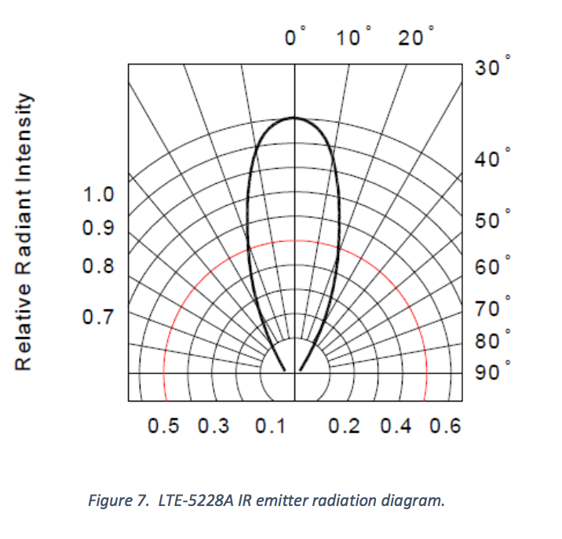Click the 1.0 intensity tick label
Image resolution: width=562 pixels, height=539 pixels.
[99, 194]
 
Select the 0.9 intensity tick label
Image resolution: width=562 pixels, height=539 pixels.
[99, 229]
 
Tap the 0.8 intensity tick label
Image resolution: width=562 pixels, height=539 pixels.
[99, 266]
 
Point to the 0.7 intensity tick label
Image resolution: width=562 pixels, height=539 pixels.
[99, 317]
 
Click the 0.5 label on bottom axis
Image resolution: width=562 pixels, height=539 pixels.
[163, 426]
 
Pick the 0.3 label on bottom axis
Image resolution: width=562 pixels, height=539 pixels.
[214, 426]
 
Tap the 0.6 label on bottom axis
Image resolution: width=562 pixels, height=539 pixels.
[445, 426]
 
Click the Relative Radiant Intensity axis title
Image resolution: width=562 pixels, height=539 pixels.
[27, 232]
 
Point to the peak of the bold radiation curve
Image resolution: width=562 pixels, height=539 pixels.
[294, 118]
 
